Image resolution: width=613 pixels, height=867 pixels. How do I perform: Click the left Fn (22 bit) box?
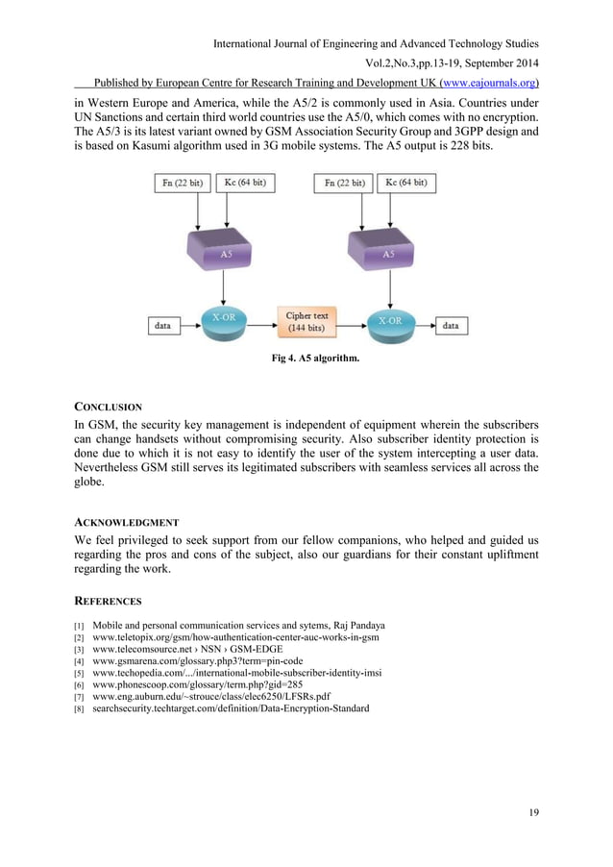tap(178, 183)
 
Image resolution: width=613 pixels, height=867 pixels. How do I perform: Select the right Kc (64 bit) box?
tap(406, 183)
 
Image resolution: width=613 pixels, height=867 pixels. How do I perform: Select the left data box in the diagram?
tap(163, 326)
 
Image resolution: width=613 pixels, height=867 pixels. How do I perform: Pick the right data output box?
tap(451, 326)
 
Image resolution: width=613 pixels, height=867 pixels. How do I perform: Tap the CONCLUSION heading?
tap(109, 407)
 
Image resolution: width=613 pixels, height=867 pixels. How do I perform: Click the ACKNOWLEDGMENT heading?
tap(127, 522)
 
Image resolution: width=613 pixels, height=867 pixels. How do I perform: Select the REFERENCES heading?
tap(109, 601)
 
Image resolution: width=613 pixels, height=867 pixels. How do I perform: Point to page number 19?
tap(533, 813)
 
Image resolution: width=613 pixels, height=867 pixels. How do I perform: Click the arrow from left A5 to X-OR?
tap(223, 287)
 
